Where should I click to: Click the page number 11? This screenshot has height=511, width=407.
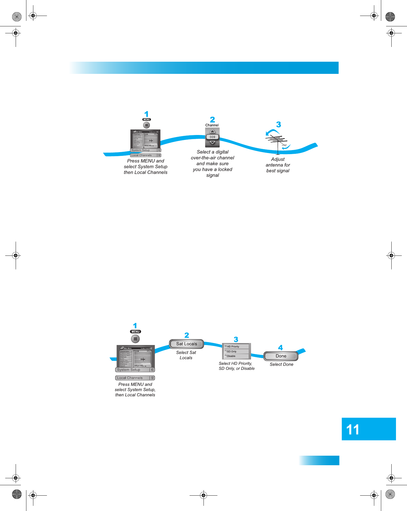pos(353,430)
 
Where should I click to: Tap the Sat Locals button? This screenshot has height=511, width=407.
pos(186,344)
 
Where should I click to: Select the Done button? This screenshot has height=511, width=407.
pos(281,356)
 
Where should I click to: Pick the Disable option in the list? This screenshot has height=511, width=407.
pos(231,356)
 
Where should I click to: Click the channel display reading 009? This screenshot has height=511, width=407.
pos(212,137)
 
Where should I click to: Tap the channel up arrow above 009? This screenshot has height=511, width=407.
pos(212,132)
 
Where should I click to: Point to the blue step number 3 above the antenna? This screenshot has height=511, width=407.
pos(279,125)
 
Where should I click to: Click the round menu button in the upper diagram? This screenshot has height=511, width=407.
pos(146,125)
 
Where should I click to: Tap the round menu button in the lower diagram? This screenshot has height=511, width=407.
pos(135,339)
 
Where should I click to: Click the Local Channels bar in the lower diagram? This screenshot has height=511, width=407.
pos(135,378)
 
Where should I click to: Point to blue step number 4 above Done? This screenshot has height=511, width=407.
pos(280,348)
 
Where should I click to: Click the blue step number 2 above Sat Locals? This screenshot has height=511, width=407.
pos(187,335)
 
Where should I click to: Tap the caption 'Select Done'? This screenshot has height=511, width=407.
pos(281,364)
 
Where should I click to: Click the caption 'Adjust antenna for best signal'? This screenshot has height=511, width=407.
pos(278,165)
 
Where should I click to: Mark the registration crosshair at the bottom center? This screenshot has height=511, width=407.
pos(203,495)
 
